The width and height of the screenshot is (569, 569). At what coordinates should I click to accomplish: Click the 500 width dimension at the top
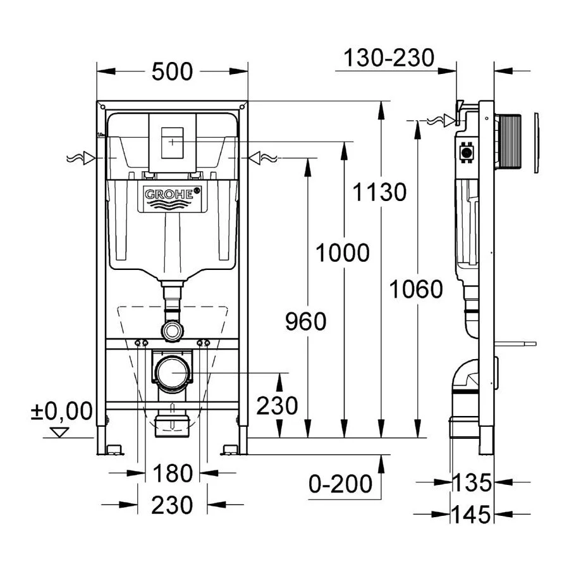pyautogui.click(x=172, y=72)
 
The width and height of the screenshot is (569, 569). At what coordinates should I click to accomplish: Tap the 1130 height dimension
pyautogui.click(x=379, y=191)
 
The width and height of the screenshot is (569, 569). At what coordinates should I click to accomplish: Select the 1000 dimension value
pyautogui.click(x=342, y=253)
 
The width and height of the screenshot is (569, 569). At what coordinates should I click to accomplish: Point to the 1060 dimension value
pyautogui.click(x=415, y=290)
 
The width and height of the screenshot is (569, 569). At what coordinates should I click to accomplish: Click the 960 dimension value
pyautogui.click(x=305, y=322)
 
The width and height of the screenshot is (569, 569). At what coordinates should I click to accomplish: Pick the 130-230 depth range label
pyautogui.click(x=389, y=58)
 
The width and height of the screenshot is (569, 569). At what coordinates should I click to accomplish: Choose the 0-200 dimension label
pyautogui.click(x=340, y=484)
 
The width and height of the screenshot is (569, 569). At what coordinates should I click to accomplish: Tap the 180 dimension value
pyautogui.click(x=172, y=472)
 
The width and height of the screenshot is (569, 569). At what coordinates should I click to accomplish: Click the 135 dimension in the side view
pyautogui.click(x=471, y=483)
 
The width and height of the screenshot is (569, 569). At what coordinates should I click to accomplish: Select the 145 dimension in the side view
pyautogui.click(x=471, y=515)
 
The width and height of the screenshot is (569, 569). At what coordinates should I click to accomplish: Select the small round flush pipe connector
pyautogui.click(x=172, y=329)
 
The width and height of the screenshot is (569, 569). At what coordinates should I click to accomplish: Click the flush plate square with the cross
pyautogui.click(x=172, y=142)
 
